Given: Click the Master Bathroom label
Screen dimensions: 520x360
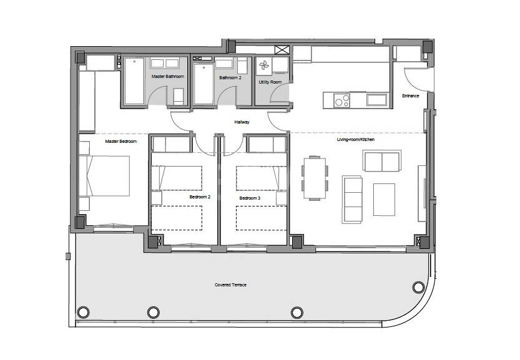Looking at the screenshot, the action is click(167, 77).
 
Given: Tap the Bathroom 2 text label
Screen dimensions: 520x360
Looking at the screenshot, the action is click(230, 77).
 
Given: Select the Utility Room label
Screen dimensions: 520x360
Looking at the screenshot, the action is click(270, 82).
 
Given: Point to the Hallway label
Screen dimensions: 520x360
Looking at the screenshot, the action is click(242, 122).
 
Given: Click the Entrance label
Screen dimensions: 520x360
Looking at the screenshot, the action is click(411, 96).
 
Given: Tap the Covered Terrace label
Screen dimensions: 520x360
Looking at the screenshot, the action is click(230, 285).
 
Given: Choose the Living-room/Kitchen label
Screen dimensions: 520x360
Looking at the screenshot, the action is click(356, 140).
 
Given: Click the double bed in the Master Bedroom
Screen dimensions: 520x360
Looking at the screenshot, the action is click(104, 176).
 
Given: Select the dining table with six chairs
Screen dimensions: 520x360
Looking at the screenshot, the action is click(315, 178).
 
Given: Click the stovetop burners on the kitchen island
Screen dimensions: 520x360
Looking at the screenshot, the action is click(341, 100).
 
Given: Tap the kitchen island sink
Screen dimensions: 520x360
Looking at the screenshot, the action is click(376, 100).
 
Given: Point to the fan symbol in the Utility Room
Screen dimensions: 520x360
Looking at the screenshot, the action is click(264, 66).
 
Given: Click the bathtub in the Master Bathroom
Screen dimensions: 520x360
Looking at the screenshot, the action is click(134, 81).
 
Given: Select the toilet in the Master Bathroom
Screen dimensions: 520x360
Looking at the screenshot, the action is click(179, 97).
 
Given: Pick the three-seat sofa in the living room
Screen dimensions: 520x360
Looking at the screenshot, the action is click(352, 199).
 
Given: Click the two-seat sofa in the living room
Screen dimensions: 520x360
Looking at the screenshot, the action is click(382, 161).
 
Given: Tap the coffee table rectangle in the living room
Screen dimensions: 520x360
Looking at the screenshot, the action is click(384, 200).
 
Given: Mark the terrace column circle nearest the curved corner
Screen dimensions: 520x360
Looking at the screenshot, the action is click(418, 287).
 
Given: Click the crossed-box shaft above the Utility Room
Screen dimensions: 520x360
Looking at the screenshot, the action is click(282, 50).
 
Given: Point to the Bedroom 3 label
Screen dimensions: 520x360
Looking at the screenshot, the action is click(250, 198).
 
